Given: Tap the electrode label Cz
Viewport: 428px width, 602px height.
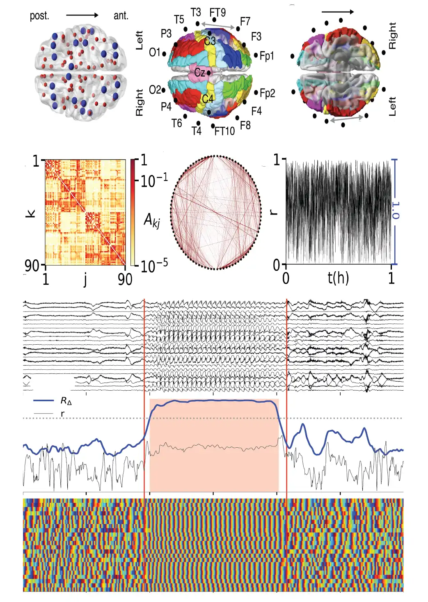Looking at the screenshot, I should pyautogui.click(x=200, y=73).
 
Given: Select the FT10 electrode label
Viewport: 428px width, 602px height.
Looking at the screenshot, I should pyautogui.click(x=224, y=131).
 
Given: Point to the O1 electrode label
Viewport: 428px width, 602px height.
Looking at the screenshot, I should pyautogui.click(x=155, y=53).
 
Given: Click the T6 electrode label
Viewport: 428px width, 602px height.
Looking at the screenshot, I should pyautogui.click(x=177, y=123).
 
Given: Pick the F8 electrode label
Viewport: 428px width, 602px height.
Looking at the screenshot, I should pyautogui.click(x=245, y=125).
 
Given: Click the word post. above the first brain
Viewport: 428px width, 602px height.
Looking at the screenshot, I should pyautogui.click(x=39, y=16).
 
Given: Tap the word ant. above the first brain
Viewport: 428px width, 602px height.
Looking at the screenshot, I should pyautogui.click(x=121, y=16).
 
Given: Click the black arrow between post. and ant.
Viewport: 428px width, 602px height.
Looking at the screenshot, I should pyautogui.click(x=82, y=15).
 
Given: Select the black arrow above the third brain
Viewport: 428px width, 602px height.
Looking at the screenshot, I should pyautogui.click(x=337, y=12).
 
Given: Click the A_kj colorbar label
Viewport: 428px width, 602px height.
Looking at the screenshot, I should pyautogui.click(x=152, y=220).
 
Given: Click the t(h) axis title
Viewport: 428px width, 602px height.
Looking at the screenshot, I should pyautogui.click(x=338, y=278).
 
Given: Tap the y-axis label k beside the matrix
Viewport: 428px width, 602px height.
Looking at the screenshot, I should pyautogui.click(x=31, y=213).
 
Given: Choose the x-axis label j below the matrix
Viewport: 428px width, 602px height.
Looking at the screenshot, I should pyautogui.click(x=85, y=279).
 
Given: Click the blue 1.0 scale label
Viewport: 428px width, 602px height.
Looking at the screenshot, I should pyautogui.click(x=395, y=210).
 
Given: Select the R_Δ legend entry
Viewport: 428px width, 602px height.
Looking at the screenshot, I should pyautogui.click(x=66, y=401).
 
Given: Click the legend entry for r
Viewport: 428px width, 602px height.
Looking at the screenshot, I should pyautogui.click(x=62, y=414).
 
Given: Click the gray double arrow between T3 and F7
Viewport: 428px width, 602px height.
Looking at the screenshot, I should pyautogui.click(x=218, y=26).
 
